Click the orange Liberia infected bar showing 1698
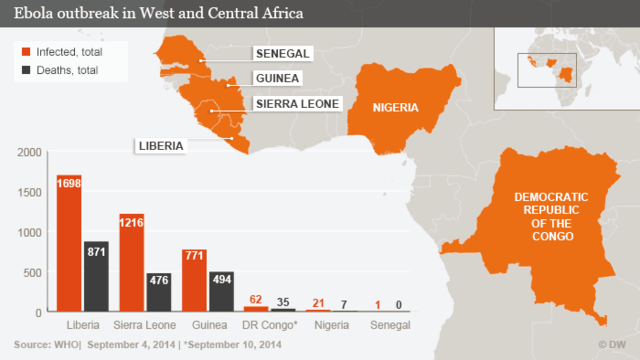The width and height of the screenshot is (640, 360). pyautogui.click(x=69, y=245)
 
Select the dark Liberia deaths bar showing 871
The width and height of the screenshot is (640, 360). pyautogui.click(x=95, y=277)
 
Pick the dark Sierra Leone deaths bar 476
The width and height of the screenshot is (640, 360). pyautogui.click(x=158, y=293)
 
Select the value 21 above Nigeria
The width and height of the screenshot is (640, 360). pyautogui.click(x=319, y=303)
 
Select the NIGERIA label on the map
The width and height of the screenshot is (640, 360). pyautogui.click(x=395, y=108)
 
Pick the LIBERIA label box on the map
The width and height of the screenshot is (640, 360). pyautogui.click(x=160, y=146)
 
